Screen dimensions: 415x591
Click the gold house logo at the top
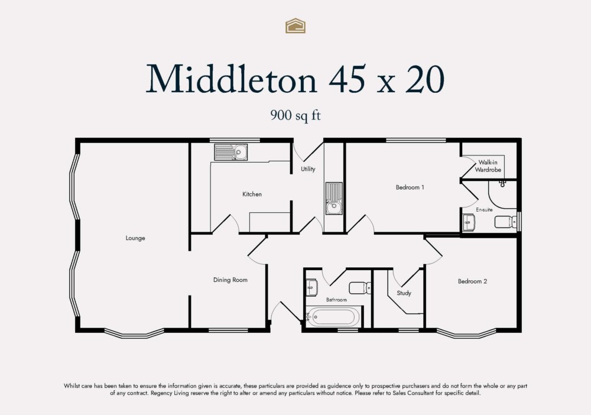[295, 25]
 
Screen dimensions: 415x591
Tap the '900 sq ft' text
[295, 116]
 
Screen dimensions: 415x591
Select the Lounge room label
[135, 238]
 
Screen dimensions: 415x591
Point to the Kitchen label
[252, 194]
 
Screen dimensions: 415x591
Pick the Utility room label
[308, 169]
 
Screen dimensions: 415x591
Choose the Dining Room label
[230, 280]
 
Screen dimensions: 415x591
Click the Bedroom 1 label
[410, 187]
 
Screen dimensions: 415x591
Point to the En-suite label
[485, 209]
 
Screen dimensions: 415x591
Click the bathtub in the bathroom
[333, 317]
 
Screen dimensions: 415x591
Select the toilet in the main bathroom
[360, 288]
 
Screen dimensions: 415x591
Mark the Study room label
[404, 293]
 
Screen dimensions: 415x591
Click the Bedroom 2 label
[472, 281]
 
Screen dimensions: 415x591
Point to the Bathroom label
[337, 300]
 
